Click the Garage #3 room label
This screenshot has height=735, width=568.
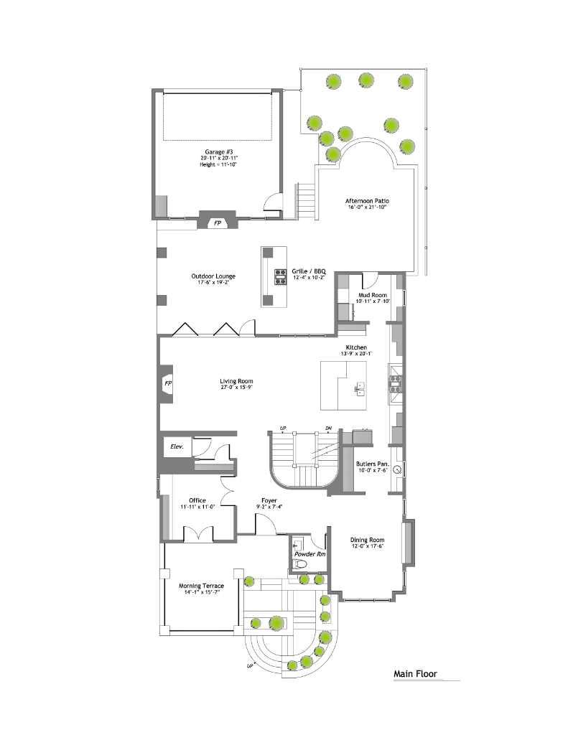point(218,153)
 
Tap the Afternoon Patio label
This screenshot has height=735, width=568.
point(368,201)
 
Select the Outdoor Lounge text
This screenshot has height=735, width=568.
point(213,276)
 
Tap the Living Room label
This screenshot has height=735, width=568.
point(236,381)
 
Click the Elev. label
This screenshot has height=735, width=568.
point(177,446)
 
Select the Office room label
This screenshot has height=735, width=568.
point(197,500)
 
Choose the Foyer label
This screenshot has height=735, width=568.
point(269,500)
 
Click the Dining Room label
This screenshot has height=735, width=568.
point(367,540)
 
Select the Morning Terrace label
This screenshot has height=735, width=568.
point(201,586)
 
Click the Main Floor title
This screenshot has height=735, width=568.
point(415,674)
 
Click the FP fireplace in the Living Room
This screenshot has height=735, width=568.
point(168,383)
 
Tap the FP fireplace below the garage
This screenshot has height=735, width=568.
point(217,223)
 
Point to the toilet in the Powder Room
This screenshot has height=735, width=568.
point(302,565)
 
